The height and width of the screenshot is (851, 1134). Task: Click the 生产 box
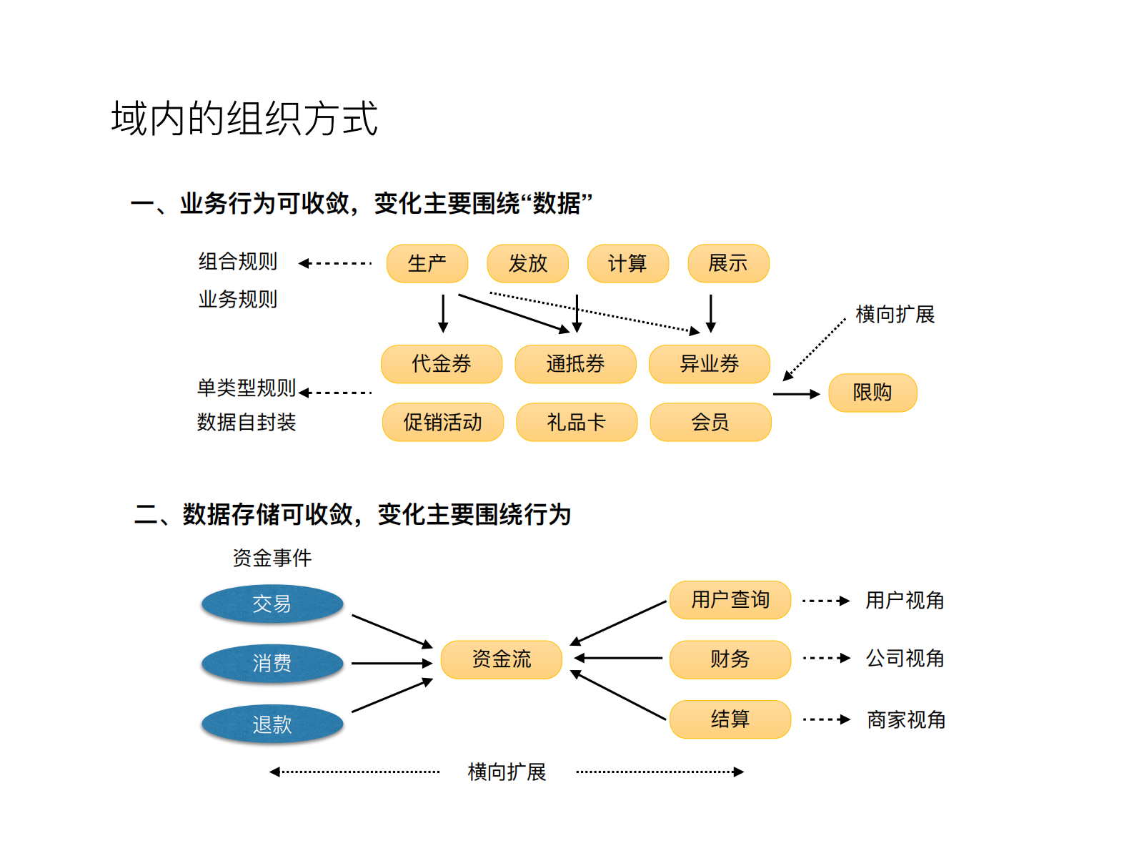(427, 264)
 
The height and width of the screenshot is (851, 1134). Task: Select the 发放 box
(527, 264)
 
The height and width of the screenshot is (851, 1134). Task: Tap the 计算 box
(627, 264)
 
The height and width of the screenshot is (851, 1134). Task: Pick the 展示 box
(728, 264)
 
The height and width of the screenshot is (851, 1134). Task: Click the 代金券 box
(442, 364)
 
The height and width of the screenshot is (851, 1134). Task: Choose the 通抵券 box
(575, 364)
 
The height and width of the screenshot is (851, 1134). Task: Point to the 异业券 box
(709, 364)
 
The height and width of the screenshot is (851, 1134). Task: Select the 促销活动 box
(442, 422)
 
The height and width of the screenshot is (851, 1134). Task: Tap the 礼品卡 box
(576, 422)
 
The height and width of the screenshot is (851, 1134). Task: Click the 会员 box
(710, 422)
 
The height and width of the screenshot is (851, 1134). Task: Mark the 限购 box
(872, 393)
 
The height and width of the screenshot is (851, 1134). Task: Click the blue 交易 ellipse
(272, 604)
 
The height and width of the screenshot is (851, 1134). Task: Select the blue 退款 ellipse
(272, 724)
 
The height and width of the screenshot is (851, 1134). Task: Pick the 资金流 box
(501, 659)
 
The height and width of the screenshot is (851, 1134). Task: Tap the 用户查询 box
(730, 600)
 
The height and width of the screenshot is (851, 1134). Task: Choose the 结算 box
(730, 719)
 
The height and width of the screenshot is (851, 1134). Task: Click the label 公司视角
(905, 658)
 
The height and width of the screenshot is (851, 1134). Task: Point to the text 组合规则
(237, 262)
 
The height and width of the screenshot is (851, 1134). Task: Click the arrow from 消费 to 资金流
(391, 664)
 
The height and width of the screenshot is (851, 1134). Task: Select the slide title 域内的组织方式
(244, 118)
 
